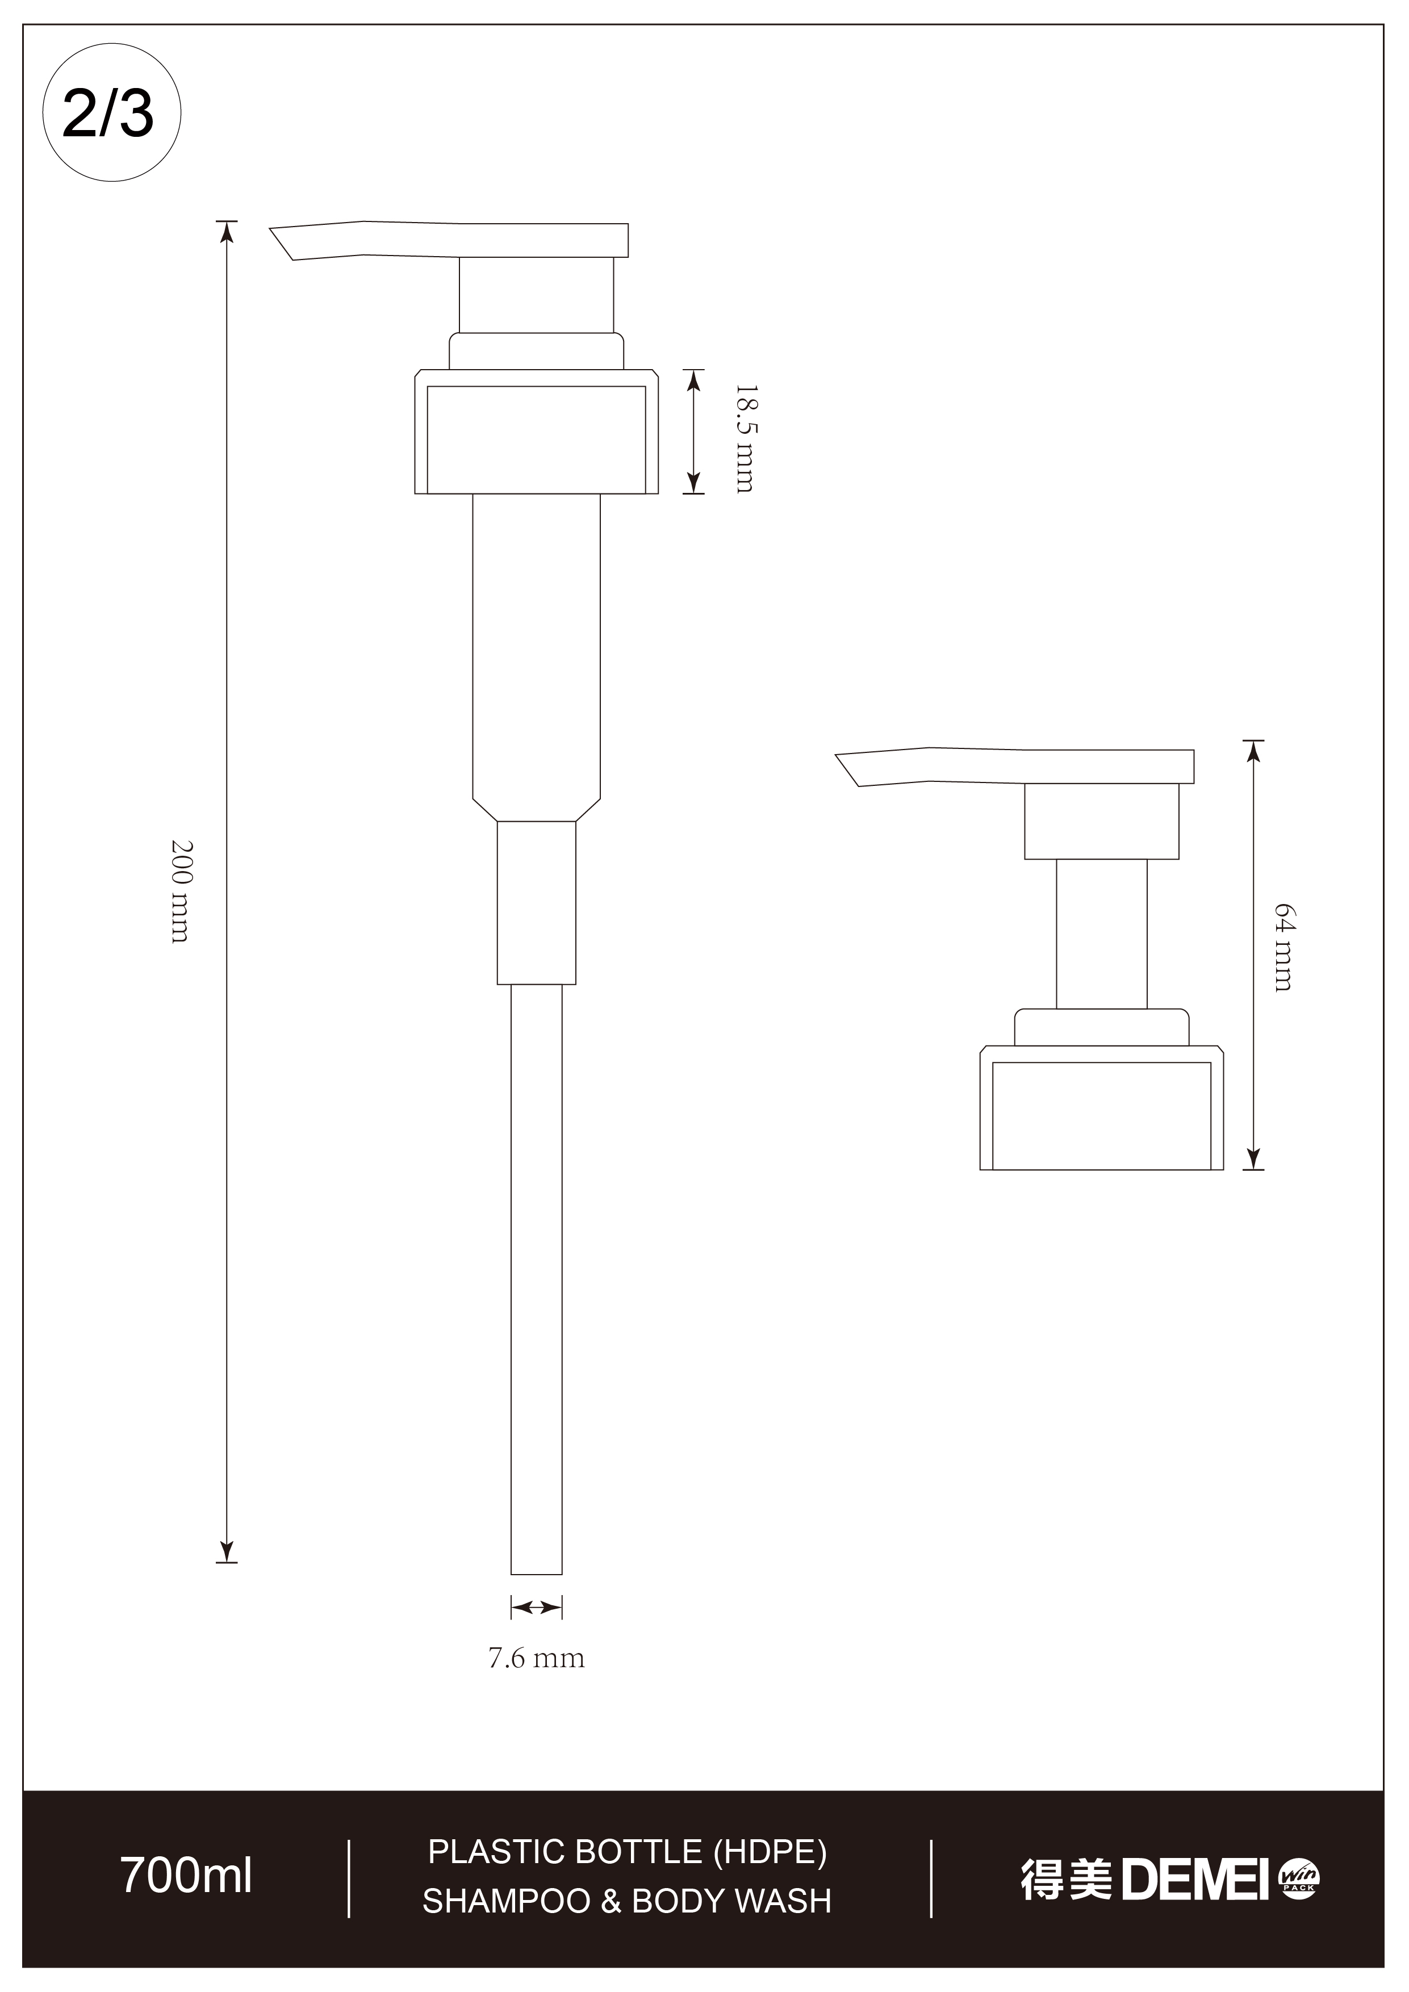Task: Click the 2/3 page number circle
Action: coord(111,113)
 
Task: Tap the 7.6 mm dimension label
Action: coord(536,1659)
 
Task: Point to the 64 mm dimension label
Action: coord(1283,947)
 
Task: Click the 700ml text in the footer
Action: coord(186,1876)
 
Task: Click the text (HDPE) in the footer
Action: coord(770,1851)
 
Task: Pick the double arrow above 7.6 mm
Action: coord(536,1607)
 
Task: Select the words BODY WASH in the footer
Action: coord(731,1901)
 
